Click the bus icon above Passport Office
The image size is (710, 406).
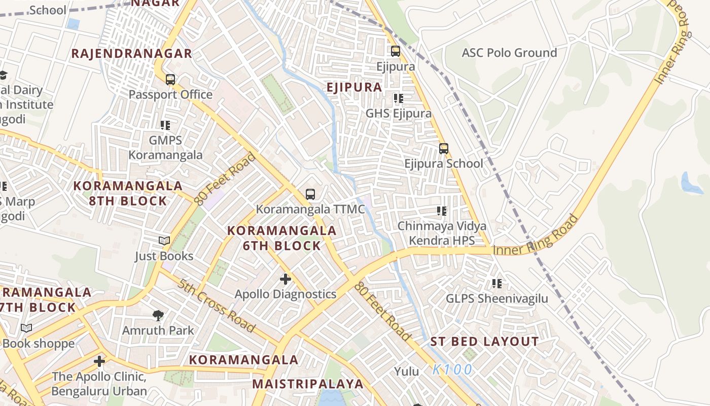(x=170, y=80)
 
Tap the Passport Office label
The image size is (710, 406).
(x=170, y=95)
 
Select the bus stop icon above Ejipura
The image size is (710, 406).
(x=395, y=51)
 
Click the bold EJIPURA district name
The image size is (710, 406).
(x=354, y=87)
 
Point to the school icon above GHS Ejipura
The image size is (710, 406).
(x=398, y=98)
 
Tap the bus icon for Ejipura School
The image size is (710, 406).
(x=443, y=149)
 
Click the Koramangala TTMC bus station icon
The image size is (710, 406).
(x=310, y=194)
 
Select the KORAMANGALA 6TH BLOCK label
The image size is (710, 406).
(x=281, y=238)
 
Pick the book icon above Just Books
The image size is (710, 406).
(x=164, y=241)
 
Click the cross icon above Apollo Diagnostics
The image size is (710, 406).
(x=286, y=279)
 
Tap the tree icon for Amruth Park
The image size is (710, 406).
(x=158, y=315)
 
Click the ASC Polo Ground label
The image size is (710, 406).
(x=509, y=53)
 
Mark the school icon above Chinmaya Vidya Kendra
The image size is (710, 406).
(x=441, y=211)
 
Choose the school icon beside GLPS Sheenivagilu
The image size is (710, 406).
(x=496, y=283)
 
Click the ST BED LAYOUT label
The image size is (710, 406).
(x=484, y=342)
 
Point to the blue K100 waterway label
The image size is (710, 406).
(x=452, y=369)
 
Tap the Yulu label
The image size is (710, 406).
(x=407, y=371)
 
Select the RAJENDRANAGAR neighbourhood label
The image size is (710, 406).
(x=131, y=54)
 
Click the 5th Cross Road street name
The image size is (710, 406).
(x=216, y=306)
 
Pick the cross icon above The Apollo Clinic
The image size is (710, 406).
(x=99, y=361)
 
